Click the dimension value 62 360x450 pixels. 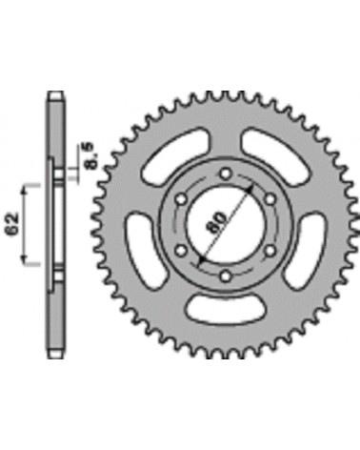click(x=12, y=224)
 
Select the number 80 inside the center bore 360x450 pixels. click(x=217, y=222)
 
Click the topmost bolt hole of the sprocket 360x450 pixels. click(x=226, y=174)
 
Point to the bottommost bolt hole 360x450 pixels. click(x=226, y=276)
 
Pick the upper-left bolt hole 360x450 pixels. click(x=182, y=200)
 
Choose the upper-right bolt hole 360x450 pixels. click(x=270, y=200)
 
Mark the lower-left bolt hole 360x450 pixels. click(x=182, y=251)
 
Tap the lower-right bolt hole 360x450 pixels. click(x=270, y=251)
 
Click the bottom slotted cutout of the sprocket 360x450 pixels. click(x=226, y=310)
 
